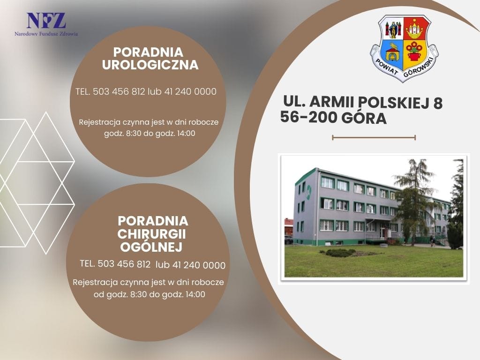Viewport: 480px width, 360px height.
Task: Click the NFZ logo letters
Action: (x=46, y=21)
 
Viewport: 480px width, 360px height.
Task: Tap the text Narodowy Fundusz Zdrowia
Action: (x=46, y=34)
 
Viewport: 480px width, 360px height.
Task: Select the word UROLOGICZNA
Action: (x=150, y=65)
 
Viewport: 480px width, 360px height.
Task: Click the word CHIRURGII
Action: (x=151, y=234)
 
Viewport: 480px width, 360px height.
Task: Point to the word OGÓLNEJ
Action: (x=151, y=247)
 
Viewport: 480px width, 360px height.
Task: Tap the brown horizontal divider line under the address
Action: (x=374, y=137)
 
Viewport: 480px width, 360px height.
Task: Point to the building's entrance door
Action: (x=382, y=232)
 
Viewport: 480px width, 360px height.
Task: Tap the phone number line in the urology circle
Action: (x=146, y=91)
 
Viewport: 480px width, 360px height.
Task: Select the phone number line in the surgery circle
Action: (x=152, y=264)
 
